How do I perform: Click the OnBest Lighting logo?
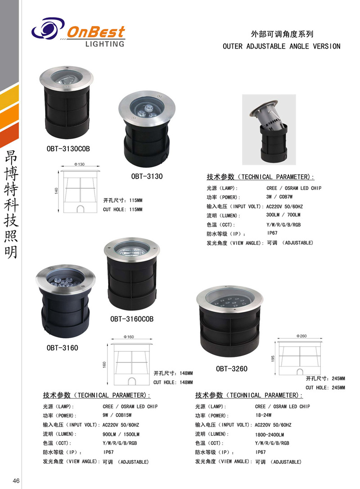[78, 33]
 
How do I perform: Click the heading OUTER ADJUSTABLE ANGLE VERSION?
[281, 46]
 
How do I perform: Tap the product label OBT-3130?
[147, 176]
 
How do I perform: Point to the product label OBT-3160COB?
[132, 319]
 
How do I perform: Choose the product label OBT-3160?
[62, 347]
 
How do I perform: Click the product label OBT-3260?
[231, 369]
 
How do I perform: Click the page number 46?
[16, 480]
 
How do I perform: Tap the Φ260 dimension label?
[301, 336]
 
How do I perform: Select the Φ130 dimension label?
[79, 165]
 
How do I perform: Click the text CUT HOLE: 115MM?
[122, 209]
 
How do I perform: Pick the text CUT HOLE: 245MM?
[325, 387]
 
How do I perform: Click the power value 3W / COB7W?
[279, 197]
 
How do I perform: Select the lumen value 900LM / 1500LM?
[121, 434]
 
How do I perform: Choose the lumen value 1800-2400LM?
[270, 434]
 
